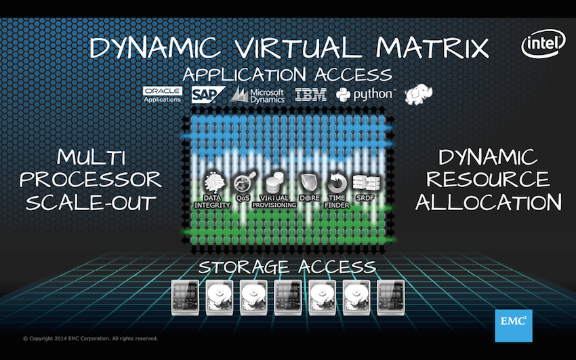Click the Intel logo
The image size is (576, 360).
pos(543,43)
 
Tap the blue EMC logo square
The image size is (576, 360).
pos(514,325)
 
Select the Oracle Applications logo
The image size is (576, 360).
pos(163,95)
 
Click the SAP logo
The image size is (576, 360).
pos(208,95)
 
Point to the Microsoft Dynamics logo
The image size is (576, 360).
pos(257,95)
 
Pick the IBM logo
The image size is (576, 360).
pos(311,95)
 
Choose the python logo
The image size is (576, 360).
pos(365,95)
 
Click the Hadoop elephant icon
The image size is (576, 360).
pos(418,95)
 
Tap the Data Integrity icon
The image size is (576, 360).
pos(215,182)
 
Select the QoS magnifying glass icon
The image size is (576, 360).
pos(244,182)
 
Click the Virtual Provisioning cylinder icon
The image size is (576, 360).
pos(274,182)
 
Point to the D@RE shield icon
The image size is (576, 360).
pos(308,183)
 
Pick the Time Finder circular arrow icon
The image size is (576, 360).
pos(337,182)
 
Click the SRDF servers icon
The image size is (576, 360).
pos(366,182)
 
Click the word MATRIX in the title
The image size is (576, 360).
pos(432,47)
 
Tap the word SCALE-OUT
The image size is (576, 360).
pos(91,203)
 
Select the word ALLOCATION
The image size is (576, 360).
pos(488,202)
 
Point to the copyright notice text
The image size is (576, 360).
pos(90,338)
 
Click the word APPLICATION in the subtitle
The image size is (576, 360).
pos(244,75)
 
